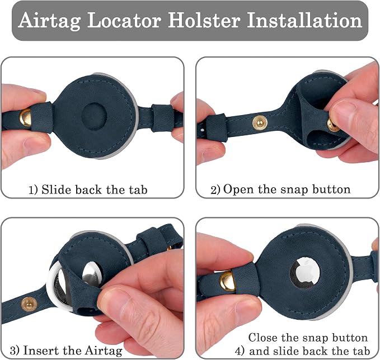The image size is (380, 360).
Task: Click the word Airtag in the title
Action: point(49,21)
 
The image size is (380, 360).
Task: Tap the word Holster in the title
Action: point(204,20)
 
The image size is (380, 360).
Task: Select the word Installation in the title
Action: point(304,20)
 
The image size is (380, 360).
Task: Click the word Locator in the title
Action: point(124,20)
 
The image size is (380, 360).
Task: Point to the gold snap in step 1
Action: point(25,117)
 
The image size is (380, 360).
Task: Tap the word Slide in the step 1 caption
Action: point(57,190)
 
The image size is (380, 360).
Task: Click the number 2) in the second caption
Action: point(215,190)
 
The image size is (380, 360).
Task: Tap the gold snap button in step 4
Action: point(227,281)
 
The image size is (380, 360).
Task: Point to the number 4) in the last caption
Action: point(240,351)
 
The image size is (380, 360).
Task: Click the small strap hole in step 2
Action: point(203,130)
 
